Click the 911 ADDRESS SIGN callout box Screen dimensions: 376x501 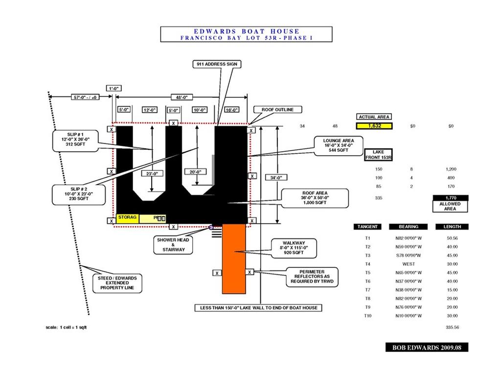coord(216,64)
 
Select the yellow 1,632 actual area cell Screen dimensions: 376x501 coord(374,126)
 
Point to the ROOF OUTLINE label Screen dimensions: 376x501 coord(277,110)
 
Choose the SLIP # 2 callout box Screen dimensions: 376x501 coord(75,194)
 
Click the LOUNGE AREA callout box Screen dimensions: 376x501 coord(338,145)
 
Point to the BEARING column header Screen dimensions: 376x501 coord(408,227)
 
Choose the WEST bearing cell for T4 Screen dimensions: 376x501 coord(408,264)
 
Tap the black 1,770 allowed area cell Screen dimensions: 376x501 coord(451,198)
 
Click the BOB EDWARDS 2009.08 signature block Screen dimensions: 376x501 coord(427,347)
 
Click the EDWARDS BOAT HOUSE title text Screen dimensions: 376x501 coord(246,31)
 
